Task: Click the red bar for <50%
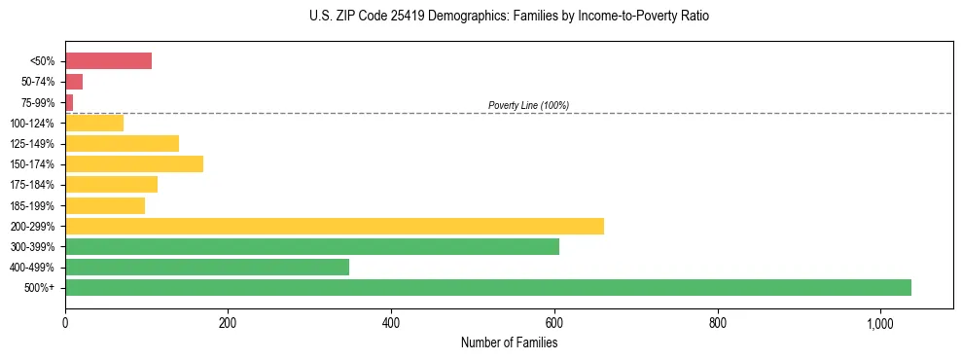108,61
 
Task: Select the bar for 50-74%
74,82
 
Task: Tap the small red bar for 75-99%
69,102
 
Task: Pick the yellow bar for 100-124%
94,123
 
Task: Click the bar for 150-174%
134,163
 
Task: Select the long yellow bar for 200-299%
334,226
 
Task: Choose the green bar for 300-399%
311,246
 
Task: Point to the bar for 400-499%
206,267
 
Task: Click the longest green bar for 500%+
487,287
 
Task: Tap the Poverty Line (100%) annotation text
528,105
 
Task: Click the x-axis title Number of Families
509,342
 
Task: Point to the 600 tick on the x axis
554,324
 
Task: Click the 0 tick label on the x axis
65,324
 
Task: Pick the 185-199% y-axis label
32,205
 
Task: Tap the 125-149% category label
32,143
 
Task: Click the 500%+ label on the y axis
40,288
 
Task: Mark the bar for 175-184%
111,184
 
